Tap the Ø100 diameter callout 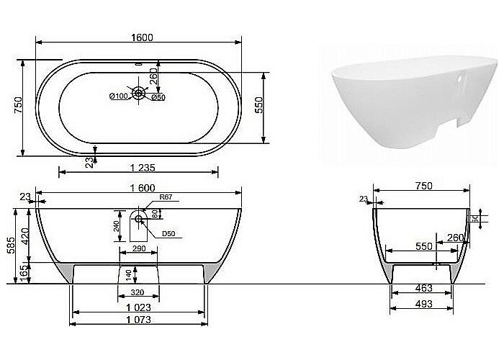(118, 96)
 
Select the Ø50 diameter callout (158, 96)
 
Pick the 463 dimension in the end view (423, 288)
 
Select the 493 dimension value (423, 305)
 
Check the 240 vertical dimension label (116, 229)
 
